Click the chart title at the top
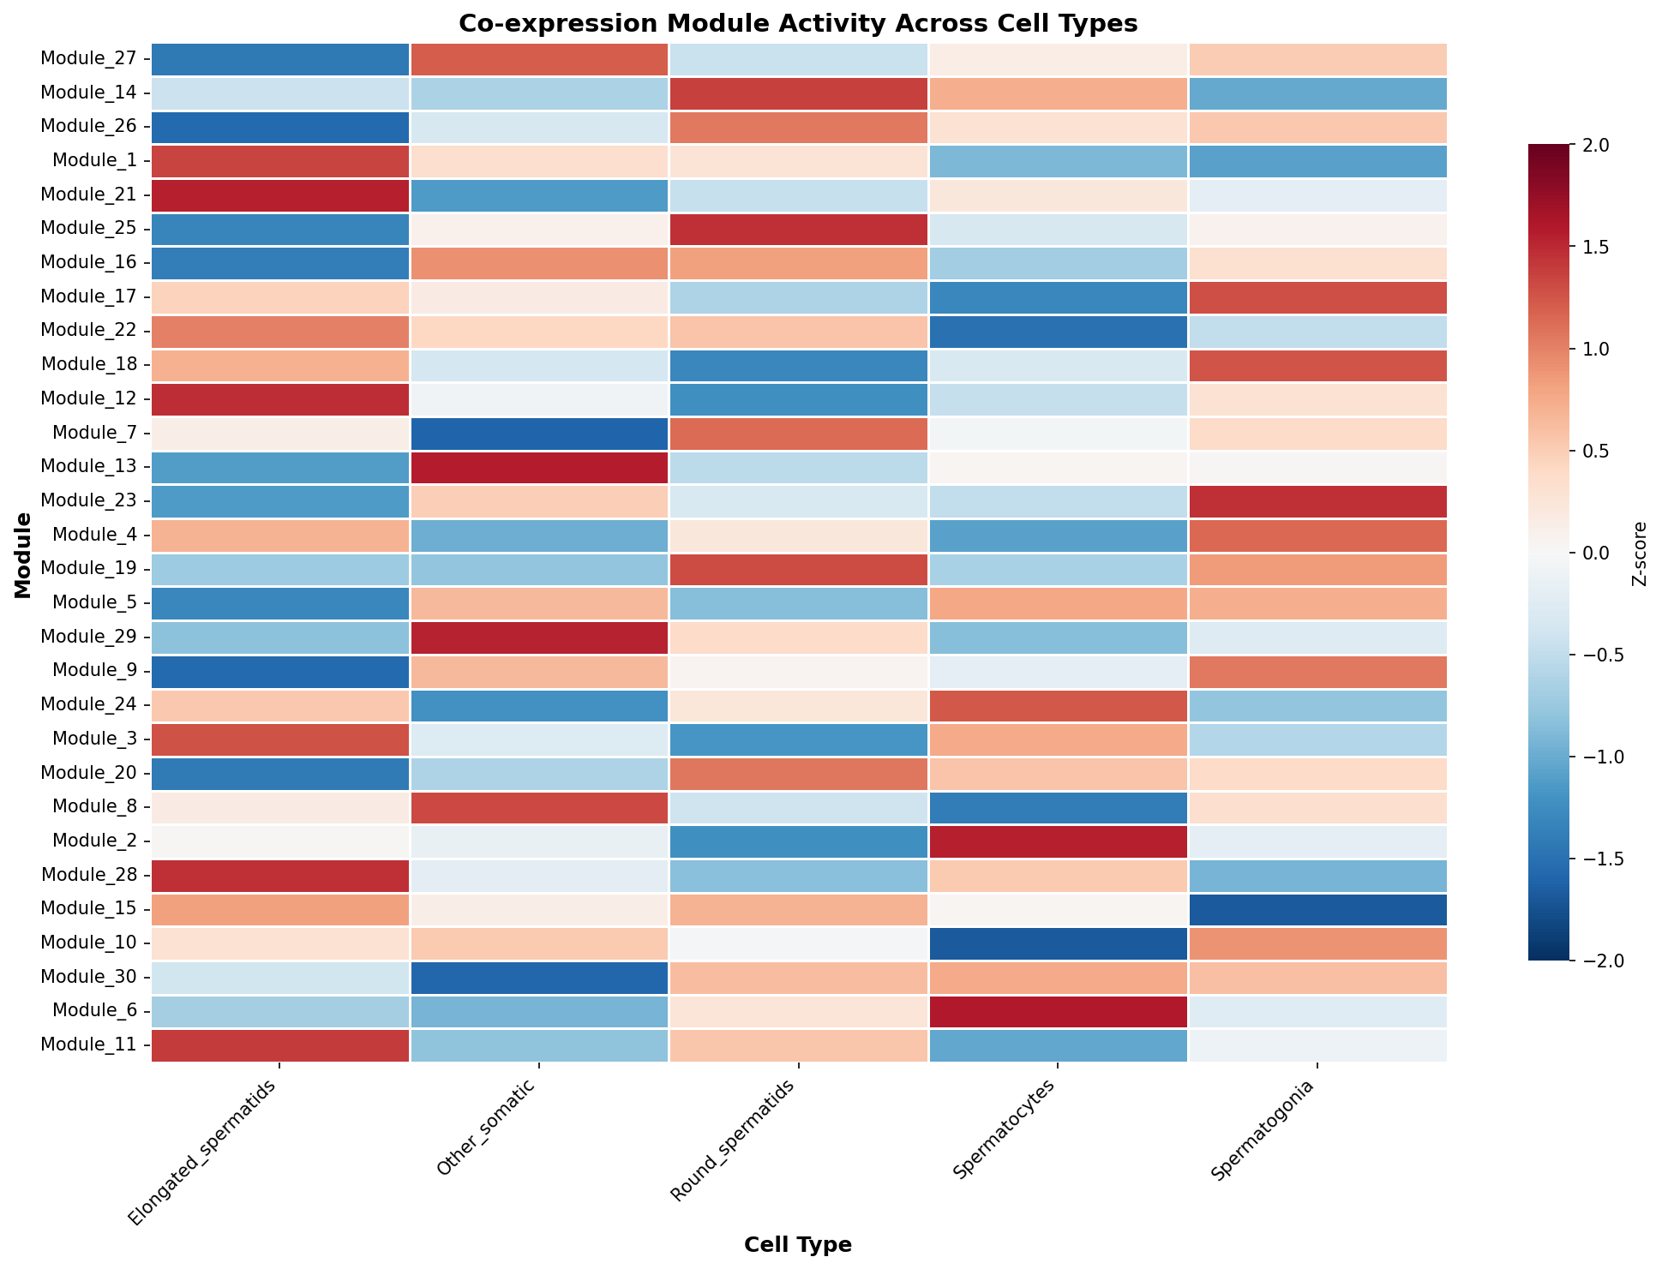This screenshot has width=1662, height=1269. coord(798,24)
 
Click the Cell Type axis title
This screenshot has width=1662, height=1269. coord(798,1246)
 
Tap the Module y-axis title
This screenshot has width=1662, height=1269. coord(23,555)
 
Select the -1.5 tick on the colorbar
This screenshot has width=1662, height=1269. coord(1590,859)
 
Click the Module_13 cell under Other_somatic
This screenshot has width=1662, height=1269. coord(539,467)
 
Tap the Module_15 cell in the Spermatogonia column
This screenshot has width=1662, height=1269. coord(1317,908)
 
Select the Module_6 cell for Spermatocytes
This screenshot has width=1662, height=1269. coord(1058,1010)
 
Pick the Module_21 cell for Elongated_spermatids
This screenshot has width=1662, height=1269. coord(280,195)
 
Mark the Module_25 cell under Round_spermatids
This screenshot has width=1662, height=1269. coord(798,229)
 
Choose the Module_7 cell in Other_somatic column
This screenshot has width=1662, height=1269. coord(539,433)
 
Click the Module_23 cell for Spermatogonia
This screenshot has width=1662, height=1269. coord(1317,501)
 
